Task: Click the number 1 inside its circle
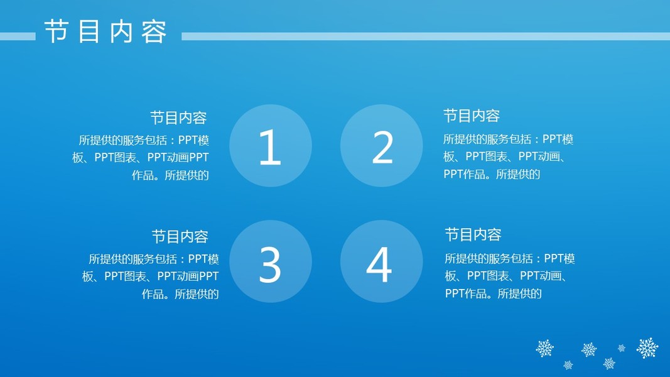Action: coord(271,147)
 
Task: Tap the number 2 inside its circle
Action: coord(382,147)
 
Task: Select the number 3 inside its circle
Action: coord(270,265)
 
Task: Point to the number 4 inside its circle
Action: coord(379,265)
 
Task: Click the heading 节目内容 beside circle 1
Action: coord(178,118)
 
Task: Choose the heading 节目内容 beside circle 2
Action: coord(472,116)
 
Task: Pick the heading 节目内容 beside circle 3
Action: coord(180,237)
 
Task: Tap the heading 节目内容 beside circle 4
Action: coord(473,234)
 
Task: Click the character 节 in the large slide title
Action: coord(57,31)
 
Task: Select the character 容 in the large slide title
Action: coord(154,31)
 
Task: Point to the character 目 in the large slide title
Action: coord(89,31)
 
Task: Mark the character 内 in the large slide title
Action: coord(121,31)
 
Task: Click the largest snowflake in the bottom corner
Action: coord(647,348)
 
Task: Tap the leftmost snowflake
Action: coord(545,348)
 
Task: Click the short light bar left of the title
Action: coord(18,36)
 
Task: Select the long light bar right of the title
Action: coord(426,36)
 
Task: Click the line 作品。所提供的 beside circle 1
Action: coord(170,175)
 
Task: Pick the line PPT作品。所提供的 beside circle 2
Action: coord(492,175)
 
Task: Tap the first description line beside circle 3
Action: coord(154,259)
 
